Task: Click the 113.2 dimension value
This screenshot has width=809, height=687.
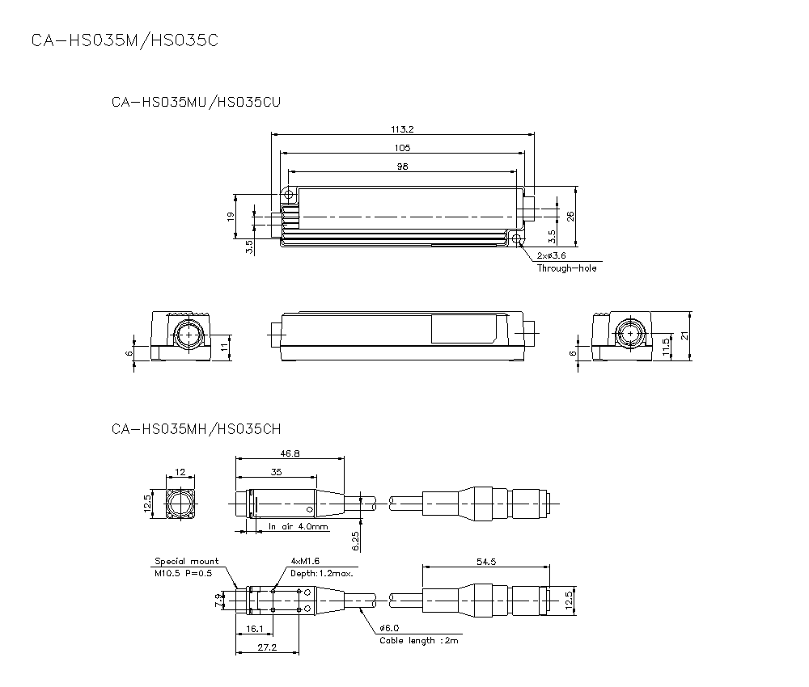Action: click(x=402, y=129)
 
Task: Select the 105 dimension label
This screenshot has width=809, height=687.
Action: click(x=402, y=148)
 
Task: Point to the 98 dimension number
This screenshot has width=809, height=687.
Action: click(x=402, y=166)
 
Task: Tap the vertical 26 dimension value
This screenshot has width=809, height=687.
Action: click(x=570, y=216)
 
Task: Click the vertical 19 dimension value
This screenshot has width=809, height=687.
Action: click(x=231, y=217)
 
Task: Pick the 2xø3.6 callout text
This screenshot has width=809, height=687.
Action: click(x=551, y=256)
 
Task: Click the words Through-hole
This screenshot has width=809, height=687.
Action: click(x=566, y=268)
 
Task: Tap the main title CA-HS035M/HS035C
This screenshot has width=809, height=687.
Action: click(x=124, y=40)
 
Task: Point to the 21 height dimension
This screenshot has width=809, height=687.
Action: click(x=684, y=336)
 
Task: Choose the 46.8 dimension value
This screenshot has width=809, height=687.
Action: click(x=289, y=454)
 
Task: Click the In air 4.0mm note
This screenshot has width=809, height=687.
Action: click(x=299, y=527)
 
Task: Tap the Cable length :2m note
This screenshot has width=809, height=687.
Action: click(x=419, y=641)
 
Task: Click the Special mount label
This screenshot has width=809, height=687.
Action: click(x=186, y=561)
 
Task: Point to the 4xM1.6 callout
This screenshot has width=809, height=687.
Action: click(x=304, y=561)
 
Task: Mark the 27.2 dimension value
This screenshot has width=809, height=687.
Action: click(x=267, y=648)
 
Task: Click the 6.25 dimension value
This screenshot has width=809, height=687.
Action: click(x=355, y=541)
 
